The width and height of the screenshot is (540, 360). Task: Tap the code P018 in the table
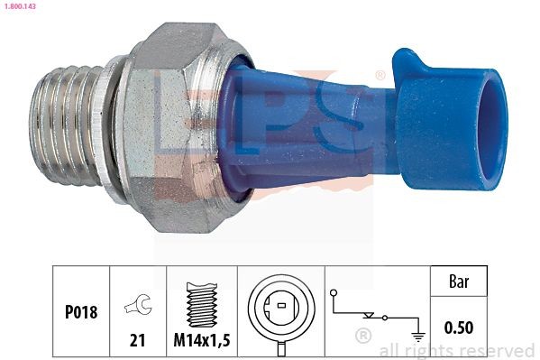tap(80, 312)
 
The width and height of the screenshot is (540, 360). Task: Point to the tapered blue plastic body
tap(316, 117)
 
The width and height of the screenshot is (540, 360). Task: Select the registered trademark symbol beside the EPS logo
tap(380, 75)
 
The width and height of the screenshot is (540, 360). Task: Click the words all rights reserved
tap(457, 350)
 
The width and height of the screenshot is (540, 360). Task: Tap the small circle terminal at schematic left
tap(332, 293)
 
